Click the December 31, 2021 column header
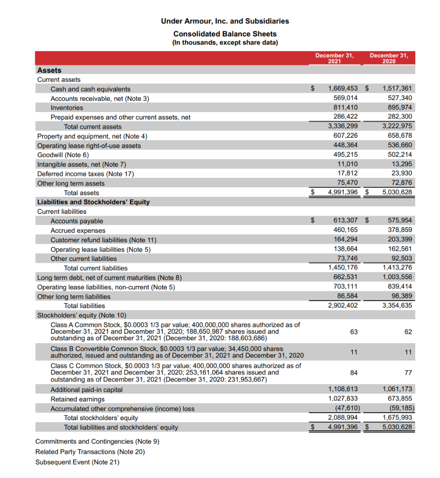click(x=334, y=58)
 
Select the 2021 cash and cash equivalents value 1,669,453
click(x=343, y=89)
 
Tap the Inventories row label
click(x=67, y=108)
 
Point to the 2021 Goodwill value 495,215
click(x=345, y=155)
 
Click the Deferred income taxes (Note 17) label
click(x=85, y=174)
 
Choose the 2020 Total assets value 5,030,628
click(x=397, y=192)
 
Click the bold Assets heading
click(x=49, y=70)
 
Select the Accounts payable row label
click(x=77, y=221)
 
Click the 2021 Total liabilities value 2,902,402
click(x=343, y=306)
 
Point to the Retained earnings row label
click(x=77, y=399)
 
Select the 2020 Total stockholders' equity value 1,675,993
click(x=397, y=418)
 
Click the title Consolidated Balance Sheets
click(x=225, y=34)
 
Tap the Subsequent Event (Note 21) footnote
click(x=77, y=462)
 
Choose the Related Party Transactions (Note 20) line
click(x=90, y=452)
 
